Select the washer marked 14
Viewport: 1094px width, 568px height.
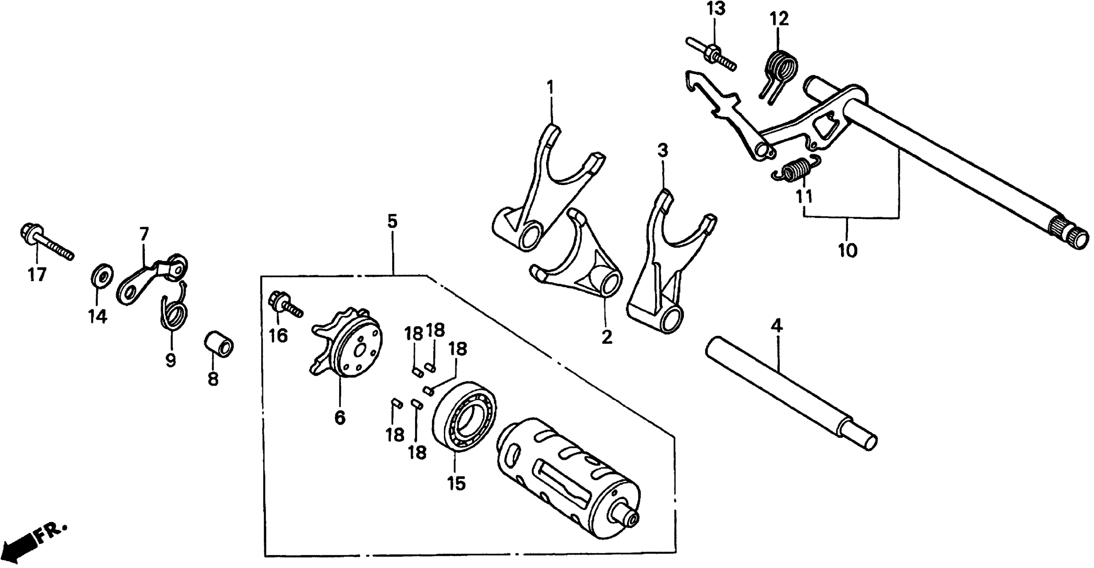(x=102, y=275)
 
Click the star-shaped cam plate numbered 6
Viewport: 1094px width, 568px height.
(x=348, y=344)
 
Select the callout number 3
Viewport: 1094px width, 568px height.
(x=662, y=150)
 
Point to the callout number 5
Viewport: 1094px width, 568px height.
(x=392, y=222)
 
